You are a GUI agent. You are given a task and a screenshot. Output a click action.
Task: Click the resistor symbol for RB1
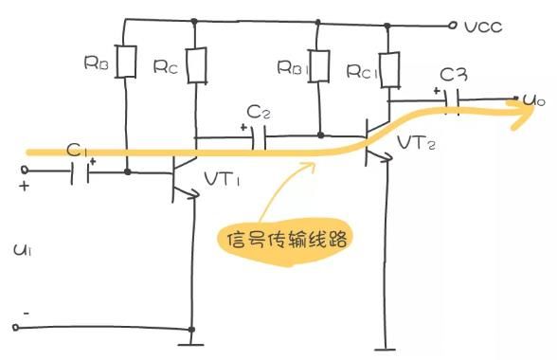[320, 64]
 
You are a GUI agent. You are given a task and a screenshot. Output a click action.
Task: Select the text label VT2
[419, 143]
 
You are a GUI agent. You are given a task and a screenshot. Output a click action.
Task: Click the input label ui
[22, 250]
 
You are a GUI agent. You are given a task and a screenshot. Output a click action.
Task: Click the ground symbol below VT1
[191, 335]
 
